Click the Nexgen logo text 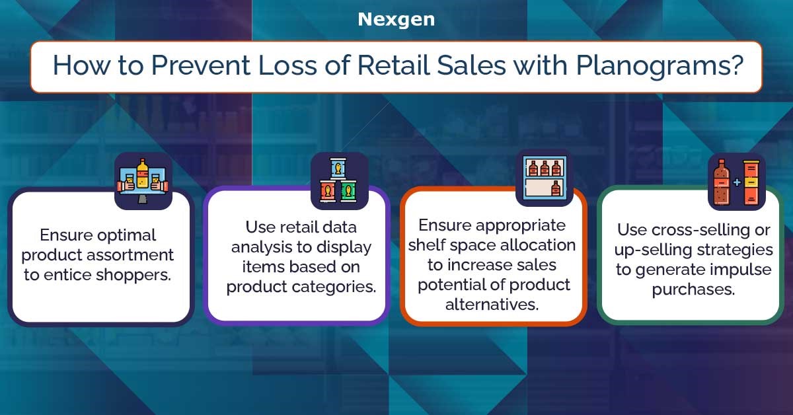tap(396, 19)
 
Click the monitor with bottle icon tap(143, 181)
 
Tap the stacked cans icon tap(339, 181)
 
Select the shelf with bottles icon tap(545, 178)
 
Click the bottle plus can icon tap(737, 182)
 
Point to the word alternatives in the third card tap(492, 305)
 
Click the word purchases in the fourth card tap(693, 290)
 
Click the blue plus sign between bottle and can tap(737, 182)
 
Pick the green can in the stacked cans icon tap(349, 191)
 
